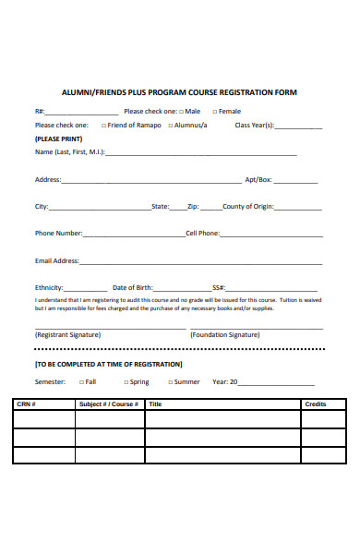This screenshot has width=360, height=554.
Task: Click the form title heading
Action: click(x=179, y=92)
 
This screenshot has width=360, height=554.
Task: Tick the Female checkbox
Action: click(x=213, y=112)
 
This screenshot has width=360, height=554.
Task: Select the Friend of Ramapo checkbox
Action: click(x=102, y=125)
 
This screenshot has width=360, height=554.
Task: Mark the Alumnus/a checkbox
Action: click(x=171, y=125)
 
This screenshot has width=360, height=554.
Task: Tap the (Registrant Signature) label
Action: click(x=67, y=335)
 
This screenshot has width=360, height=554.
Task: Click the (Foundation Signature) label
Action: click(x=224, y=335)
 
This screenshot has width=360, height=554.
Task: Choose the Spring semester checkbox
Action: click(x=125, y=381)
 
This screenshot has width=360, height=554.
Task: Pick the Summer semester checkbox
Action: click(x=169, y=381)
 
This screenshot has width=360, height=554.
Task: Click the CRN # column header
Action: click(x=26, y=404)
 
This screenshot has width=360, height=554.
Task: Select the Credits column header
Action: click(x=316, y=404)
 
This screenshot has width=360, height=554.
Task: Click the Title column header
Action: click(x=155, y=404)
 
